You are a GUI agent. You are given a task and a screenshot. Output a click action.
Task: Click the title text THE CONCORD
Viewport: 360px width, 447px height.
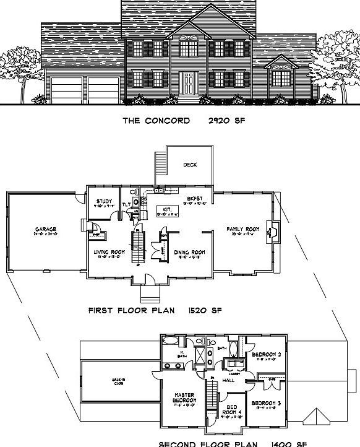(155, 121)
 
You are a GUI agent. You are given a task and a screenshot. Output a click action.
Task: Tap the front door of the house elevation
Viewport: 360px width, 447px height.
(187, 82)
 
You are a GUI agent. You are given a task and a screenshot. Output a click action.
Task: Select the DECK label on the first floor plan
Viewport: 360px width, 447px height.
(191, 165)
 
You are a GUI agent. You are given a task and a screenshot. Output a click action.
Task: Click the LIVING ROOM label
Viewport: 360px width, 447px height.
(109, 252)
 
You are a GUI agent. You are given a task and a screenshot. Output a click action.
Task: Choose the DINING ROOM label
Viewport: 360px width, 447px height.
(190, 252)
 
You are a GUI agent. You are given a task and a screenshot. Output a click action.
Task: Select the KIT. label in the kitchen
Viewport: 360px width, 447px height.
(166, 210)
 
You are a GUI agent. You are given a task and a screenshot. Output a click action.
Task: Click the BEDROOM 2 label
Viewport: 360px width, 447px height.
(267, 355)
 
